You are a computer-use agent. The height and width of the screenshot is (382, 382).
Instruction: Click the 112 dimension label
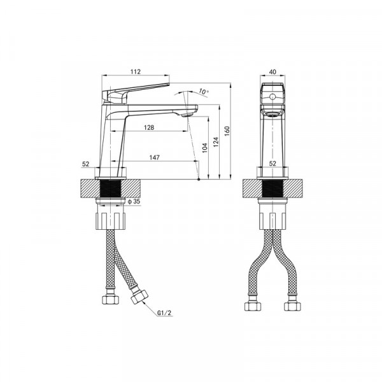136,71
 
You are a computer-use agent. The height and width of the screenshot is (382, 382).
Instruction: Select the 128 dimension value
149,127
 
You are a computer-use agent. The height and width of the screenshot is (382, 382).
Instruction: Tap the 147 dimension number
155,157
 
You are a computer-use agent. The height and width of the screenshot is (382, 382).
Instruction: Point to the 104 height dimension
205,148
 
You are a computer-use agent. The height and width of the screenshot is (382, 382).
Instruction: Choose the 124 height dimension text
216,142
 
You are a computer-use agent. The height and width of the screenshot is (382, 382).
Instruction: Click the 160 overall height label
227,131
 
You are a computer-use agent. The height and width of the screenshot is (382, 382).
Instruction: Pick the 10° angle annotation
204,92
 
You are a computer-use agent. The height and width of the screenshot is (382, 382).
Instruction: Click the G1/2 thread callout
164,313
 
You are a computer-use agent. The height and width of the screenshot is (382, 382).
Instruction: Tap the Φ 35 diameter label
134,201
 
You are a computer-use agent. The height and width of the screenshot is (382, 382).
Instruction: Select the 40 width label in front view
272,72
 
